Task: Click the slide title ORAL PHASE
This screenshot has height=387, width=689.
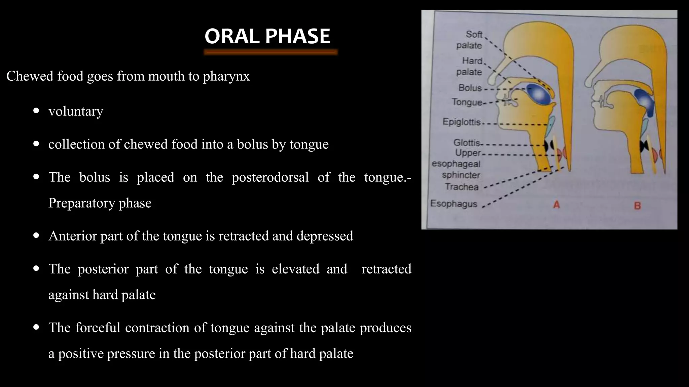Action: tap(267, 36)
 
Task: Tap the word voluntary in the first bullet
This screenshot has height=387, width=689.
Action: tap(76, 111)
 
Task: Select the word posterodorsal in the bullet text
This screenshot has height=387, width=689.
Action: tap(270, 177)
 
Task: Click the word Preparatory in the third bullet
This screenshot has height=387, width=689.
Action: tap(81, 203)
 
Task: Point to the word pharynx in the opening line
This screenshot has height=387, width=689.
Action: tap(226, 76)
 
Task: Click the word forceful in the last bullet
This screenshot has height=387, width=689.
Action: tap(98, 328)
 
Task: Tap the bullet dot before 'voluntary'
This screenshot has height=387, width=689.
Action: tap(36, 111)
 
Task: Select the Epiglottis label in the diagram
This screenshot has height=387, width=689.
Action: tap(461, 122)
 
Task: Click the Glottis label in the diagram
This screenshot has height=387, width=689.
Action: tap(466, 143)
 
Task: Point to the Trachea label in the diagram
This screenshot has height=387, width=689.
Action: tap(462, 187)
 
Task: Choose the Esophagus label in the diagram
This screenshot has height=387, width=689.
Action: tap(454, 204)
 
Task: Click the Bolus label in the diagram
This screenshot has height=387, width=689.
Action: tap(470, 88)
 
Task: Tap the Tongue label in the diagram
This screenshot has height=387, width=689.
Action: tap(467, 102)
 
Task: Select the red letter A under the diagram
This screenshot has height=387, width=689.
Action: tap(556, 204)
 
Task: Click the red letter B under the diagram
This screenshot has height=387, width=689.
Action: tap(637, 205)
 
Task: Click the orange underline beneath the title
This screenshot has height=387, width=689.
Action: tap(270, 52)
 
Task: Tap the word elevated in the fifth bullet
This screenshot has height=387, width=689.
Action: tap(295, 269)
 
